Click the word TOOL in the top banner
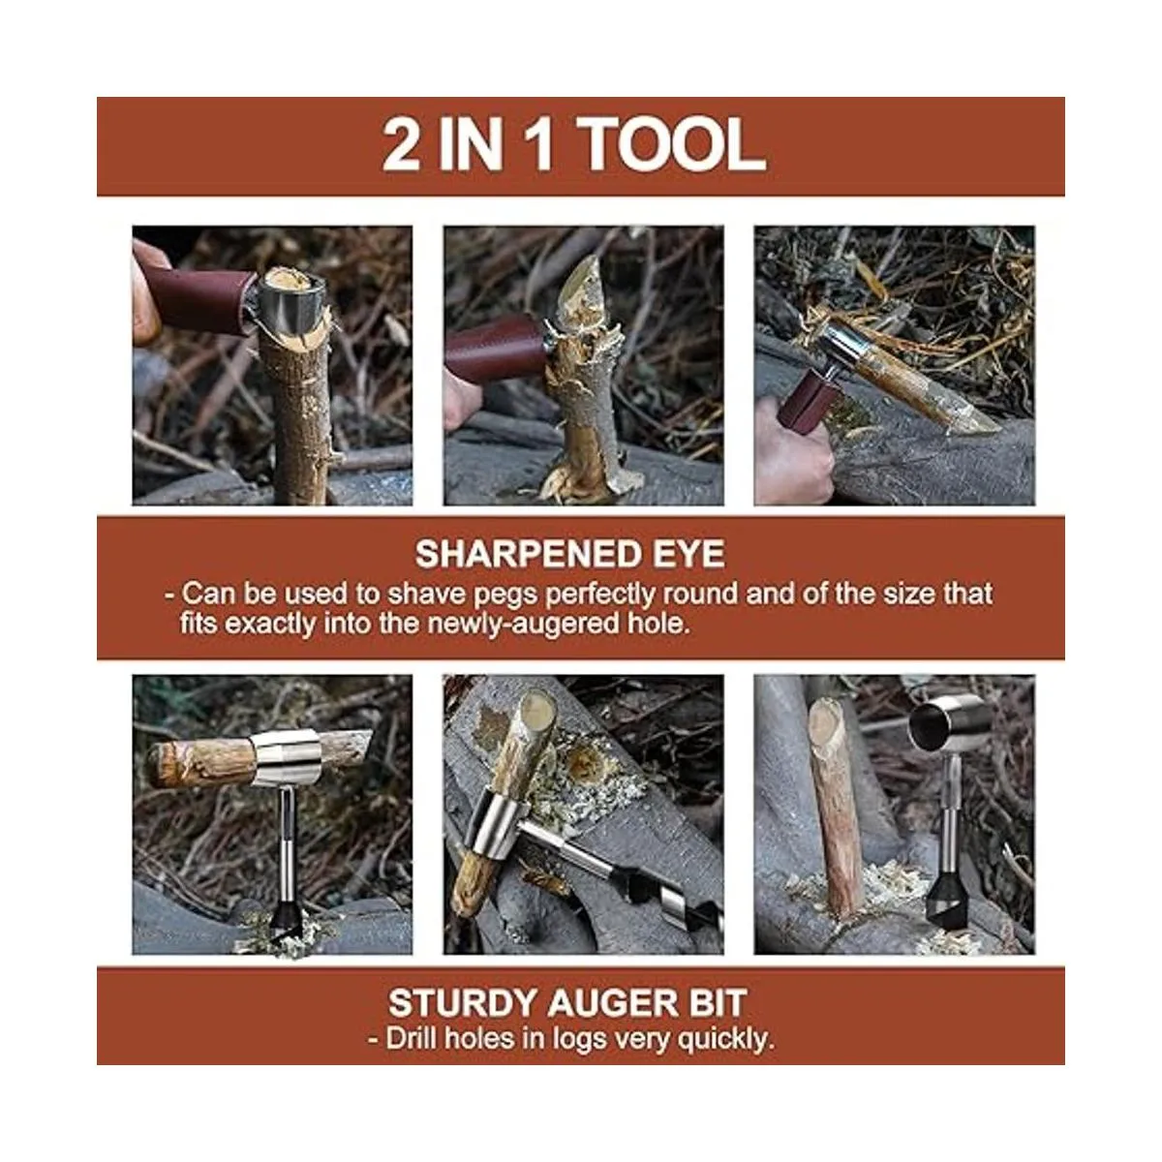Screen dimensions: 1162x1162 [x=674, y=145]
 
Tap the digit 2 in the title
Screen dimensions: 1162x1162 [x=402, y=145]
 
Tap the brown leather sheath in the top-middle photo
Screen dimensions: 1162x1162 [x=495, y=349]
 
